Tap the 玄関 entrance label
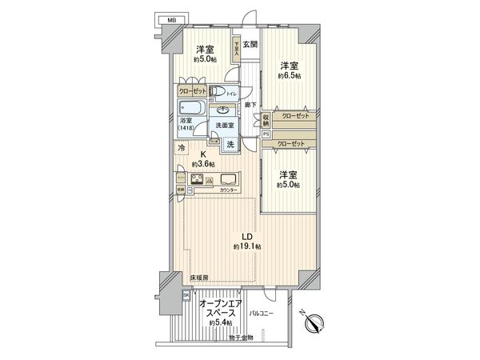250,45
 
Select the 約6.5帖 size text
290,76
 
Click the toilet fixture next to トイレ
217,90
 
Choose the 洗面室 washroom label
223,125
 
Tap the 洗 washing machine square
230,145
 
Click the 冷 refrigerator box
182,148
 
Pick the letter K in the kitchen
204,155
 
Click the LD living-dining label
249,236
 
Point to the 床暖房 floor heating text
198,278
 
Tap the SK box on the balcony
186,295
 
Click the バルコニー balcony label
262,313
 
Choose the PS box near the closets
266,135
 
